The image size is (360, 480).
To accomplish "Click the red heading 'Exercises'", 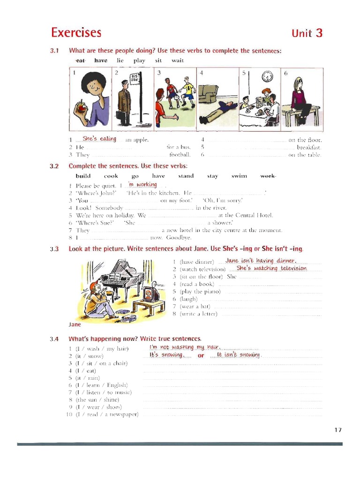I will (76, 33).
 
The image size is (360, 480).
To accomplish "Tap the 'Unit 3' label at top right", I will (307, 33).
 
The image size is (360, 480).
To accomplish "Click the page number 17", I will (338, 430).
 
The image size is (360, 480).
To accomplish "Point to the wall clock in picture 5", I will (267, 76).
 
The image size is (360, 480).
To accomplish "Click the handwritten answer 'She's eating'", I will (99, 139).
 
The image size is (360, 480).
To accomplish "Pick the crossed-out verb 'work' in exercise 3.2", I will (268, 176).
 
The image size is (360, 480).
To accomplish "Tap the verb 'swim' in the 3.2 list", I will (239, 176).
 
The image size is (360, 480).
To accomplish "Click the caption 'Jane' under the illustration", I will (75, 324).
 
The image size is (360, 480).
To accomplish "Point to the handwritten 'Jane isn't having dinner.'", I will (261, 261).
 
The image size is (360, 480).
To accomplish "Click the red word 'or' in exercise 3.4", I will (201, 355).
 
